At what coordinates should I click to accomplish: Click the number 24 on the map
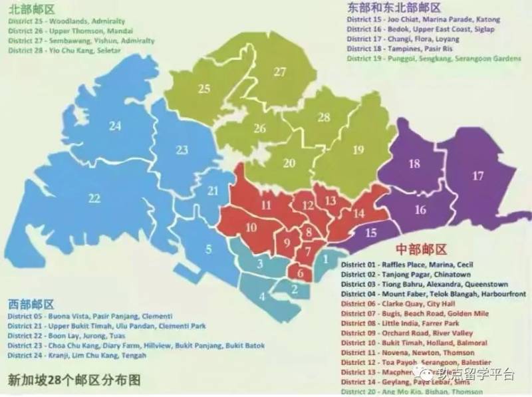point(116,126)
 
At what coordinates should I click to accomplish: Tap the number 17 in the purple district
point(477,176)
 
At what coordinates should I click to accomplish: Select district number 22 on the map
point(94,198)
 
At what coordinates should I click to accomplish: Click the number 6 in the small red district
point(301,273)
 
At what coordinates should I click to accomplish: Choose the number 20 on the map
point(289,163)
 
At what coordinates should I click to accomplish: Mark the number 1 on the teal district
point(326,259)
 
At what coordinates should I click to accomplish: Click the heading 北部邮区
point(31,9)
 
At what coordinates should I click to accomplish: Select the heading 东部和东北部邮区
point(394,8)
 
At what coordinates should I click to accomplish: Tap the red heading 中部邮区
point(420,249)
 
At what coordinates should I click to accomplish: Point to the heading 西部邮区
point(31,303)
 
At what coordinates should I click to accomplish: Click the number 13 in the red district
point(331,200)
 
